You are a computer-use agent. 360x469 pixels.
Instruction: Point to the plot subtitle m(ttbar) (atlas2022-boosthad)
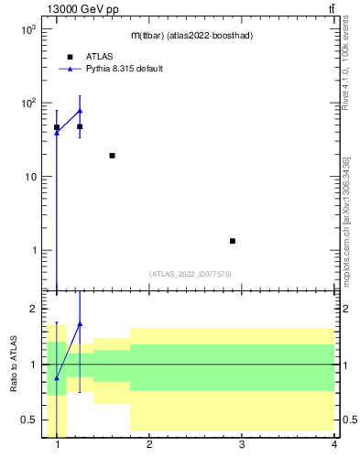click(x=191, y=35)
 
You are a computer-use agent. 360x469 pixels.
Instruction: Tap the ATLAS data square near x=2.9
click(x=233, y=241)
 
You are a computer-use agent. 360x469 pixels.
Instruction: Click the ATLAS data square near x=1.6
click(x=112, y=156)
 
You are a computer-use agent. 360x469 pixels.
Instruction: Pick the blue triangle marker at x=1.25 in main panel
click(x=80, y=111)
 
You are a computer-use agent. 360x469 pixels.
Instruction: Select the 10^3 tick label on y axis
click(x=28, y=29)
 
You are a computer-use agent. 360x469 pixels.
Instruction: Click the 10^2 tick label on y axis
click(x=28, y=103)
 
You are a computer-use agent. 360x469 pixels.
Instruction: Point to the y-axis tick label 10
click(x=30, y=177)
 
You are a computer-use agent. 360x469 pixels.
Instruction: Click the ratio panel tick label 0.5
click(x=28, y=420)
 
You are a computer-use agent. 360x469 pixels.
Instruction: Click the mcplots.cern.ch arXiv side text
click(x=345, y=220)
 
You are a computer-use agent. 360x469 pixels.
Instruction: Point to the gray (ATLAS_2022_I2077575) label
click(x=191, y=273)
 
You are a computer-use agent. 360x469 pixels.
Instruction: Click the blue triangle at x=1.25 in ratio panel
click(x=80, y=323)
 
